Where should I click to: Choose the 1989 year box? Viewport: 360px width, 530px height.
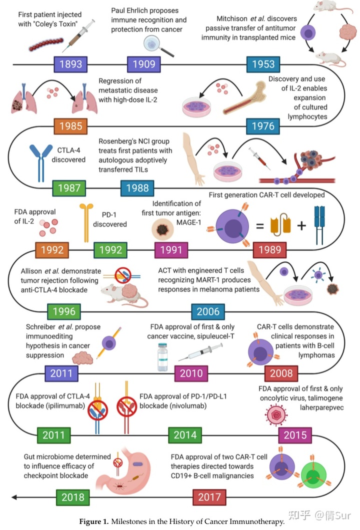[269, 249]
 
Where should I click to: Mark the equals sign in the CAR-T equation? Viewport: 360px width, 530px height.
[260, 226]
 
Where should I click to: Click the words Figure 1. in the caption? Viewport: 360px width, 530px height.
[95, 521]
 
